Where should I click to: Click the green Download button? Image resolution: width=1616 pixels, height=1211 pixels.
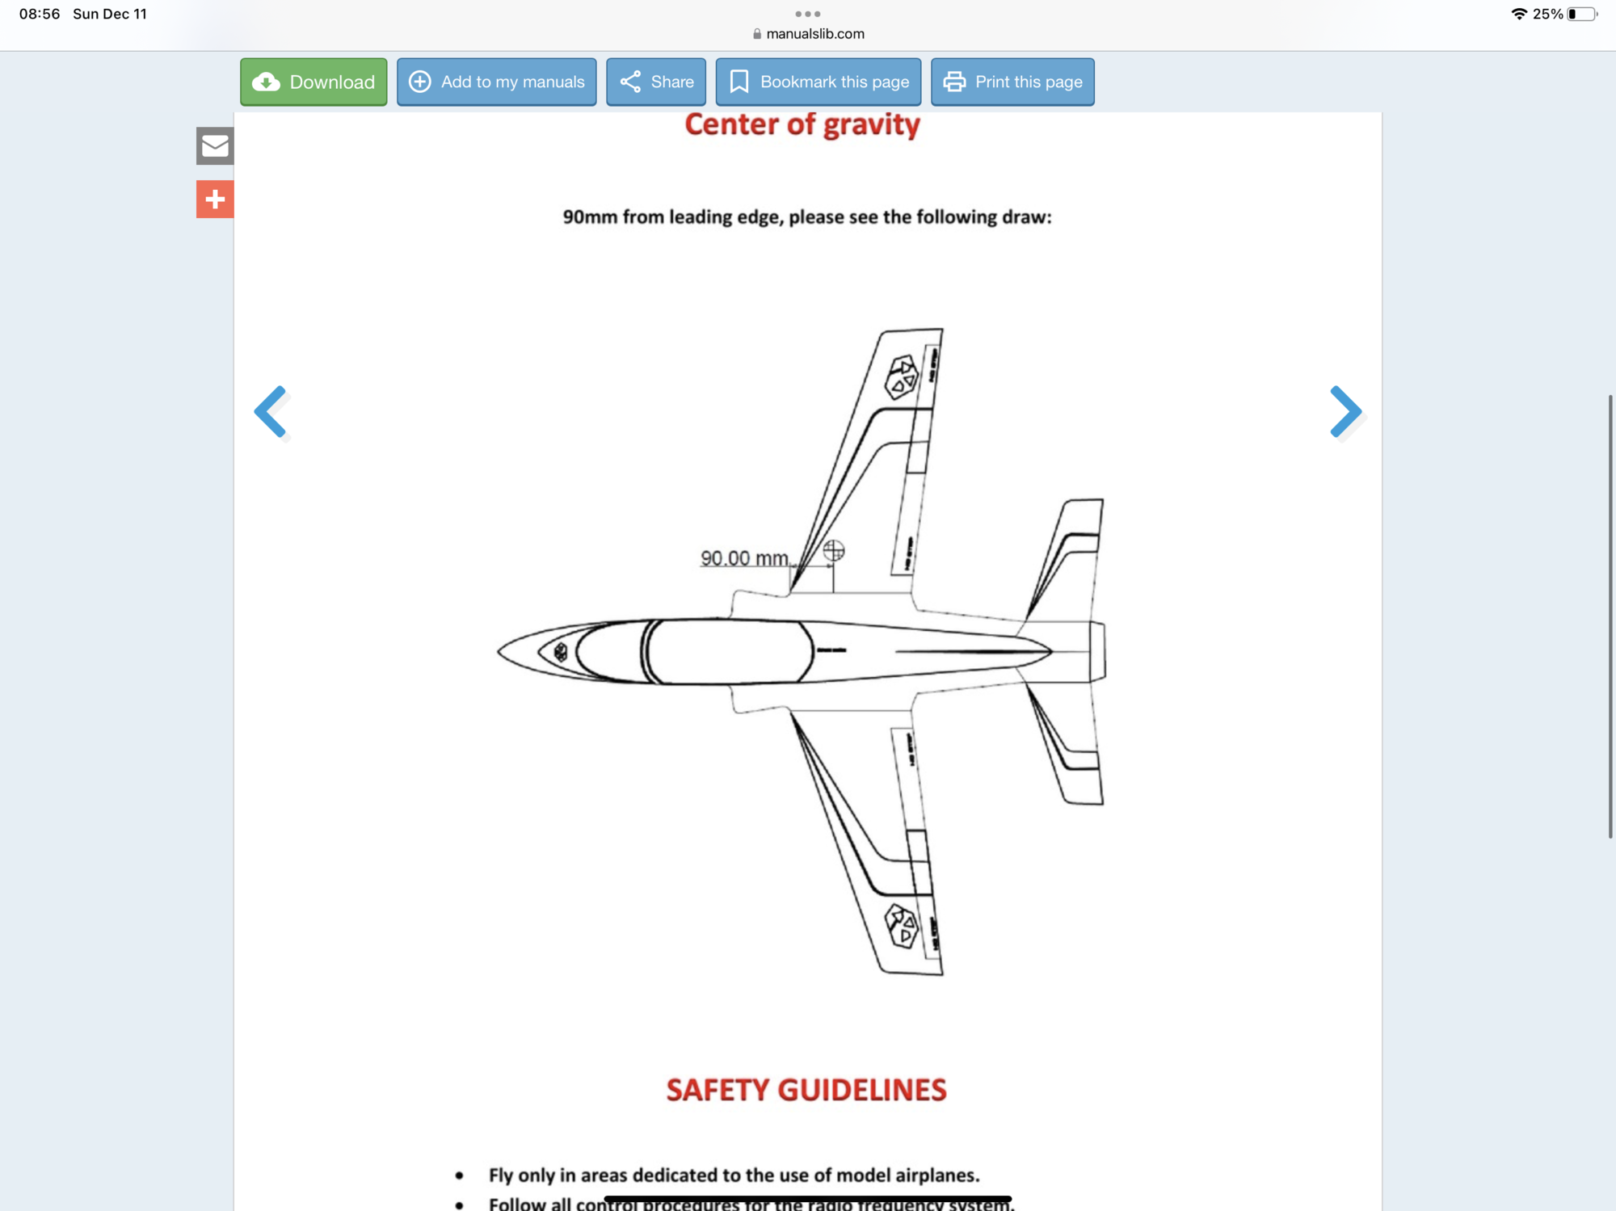[x=314, y=82]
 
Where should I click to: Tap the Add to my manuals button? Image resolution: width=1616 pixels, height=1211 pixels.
[x=496, y=82]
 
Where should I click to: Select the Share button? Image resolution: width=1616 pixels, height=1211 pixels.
[x=656, y=82]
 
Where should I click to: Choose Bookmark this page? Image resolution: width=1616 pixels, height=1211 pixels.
[x=818, y=82]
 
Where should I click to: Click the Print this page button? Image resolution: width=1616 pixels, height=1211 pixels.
[x=1012, y=82]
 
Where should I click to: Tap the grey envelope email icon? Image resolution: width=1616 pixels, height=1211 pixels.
[x=215, y=146]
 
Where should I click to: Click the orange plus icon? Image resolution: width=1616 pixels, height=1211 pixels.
[x=215, y=199]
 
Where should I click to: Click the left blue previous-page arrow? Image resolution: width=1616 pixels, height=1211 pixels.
[x=271, y=412]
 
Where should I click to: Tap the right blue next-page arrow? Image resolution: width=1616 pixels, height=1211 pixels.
[x=1345, y=412]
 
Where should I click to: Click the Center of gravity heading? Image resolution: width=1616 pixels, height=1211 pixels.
[x=802, y=125]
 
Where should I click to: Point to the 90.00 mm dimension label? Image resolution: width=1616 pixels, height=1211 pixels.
[x=744, y=558]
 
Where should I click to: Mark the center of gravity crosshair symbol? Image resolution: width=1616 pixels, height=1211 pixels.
[x=834, y=551]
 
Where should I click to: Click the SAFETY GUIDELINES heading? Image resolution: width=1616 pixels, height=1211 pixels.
[x=806, y=1090]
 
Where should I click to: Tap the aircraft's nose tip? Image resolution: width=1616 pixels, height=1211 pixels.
[x=500, y=651]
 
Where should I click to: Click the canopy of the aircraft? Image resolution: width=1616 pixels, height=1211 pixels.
[x=727, y=651]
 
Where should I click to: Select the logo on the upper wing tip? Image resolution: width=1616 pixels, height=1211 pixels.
[x=902, y=376]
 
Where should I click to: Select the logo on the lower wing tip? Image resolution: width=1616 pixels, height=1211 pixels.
[x=902, y=926]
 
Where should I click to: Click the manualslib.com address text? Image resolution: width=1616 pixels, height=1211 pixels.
[x=814, y=34]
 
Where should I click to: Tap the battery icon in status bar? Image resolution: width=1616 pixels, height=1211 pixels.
[x=1581, y=14]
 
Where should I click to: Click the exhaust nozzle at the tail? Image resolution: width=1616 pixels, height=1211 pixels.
[x=1096, y=651]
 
